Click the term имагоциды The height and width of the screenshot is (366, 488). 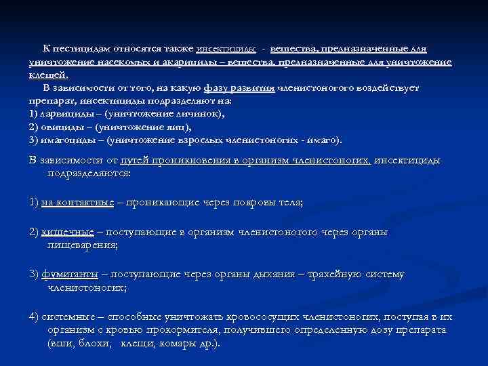(64, 140)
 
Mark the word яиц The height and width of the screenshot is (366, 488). (178, 126)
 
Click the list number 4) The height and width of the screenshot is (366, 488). (35, 317)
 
